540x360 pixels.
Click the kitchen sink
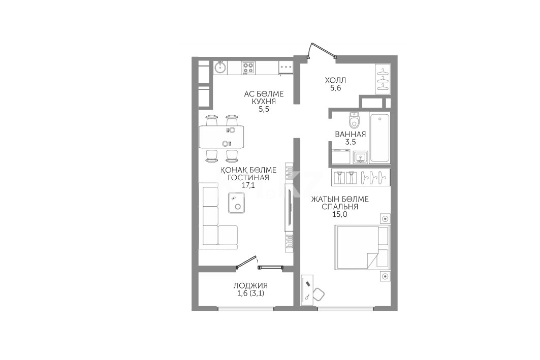pos(220,68)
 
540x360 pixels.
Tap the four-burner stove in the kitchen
pos(248,68)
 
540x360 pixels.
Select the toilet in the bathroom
pos(354,120)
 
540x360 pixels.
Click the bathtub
pos(380,137)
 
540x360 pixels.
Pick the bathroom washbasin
pos(360,157)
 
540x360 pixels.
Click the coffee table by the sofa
pos(236,203)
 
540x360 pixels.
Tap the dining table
pos(221,137)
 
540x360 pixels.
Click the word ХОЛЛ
pos(335,80)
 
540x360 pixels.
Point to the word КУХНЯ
pos(264,102)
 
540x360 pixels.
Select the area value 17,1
pos(248,185)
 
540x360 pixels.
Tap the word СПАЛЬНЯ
pos(340,207)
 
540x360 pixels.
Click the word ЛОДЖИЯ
pos(250,286)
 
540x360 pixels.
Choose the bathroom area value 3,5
pos(350,142)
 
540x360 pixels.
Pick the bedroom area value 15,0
pos(340,214)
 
